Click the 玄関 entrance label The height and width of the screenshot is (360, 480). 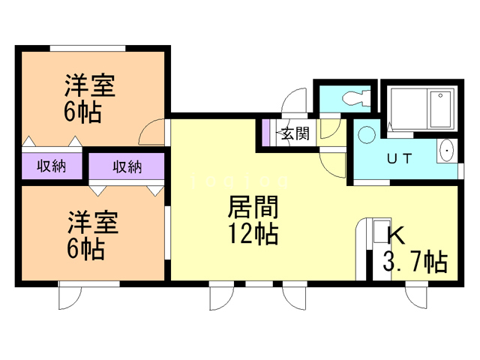pos(295,134)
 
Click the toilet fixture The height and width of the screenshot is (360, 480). pos(352,98)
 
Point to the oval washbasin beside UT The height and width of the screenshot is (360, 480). pos(448,151)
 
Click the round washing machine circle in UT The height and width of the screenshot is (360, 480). pos(366,135)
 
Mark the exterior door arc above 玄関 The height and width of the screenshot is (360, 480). pos(294,102)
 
